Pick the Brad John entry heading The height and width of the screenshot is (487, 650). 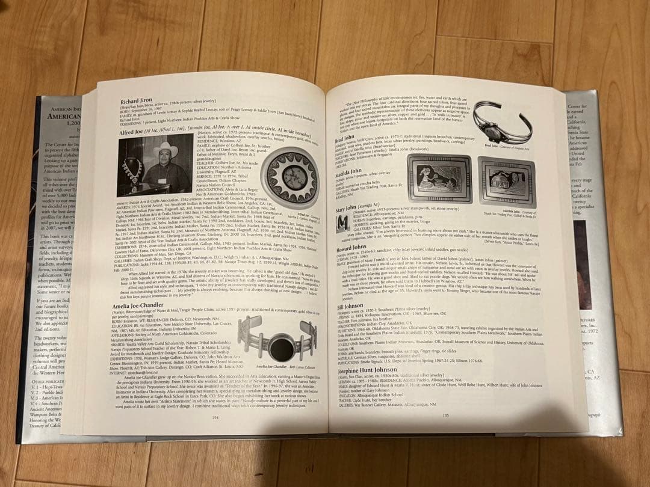coord(345,138)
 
